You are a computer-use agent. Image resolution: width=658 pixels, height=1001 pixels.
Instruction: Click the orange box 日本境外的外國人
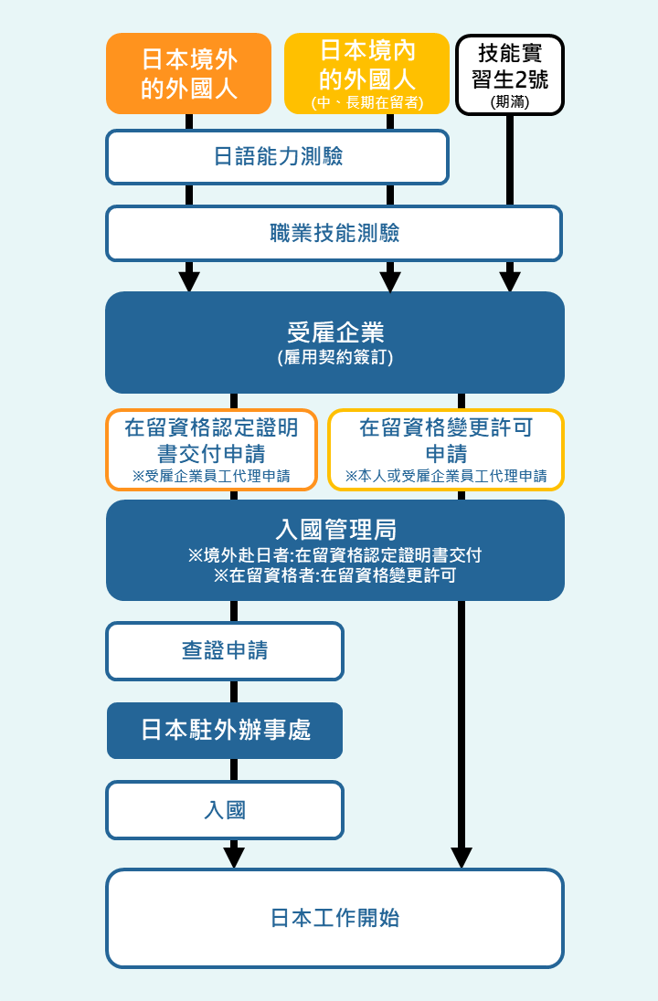click(x=189, y=74)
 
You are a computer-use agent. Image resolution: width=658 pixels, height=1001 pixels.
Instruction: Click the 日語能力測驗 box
click(x=277, y=157)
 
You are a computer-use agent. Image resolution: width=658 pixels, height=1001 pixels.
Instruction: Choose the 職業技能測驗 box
click(x=334, y=233)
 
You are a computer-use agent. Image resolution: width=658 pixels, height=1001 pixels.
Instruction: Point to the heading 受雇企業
click(x=334, y=332)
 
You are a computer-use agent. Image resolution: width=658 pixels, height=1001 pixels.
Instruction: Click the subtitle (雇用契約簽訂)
click(x=334, y=358)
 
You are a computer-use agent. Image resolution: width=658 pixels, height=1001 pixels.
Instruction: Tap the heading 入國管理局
click(x=334, y=530)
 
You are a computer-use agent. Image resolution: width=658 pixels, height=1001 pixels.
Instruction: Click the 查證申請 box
click(x=225, y=651)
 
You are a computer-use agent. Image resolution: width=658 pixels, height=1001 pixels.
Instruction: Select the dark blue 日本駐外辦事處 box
click(x=225, y=730)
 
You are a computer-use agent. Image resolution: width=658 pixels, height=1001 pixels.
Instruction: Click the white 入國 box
click(x=225, y=810)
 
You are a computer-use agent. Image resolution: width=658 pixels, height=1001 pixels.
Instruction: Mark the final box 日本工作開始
click(x=334, y=918)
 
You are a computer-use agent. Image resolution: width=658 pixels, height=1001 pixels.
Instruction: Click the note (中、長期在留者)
click(x=366, y=102)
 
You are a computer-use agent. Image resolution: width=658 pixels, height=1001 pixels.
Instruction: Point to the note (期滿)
click(x=509, y=102)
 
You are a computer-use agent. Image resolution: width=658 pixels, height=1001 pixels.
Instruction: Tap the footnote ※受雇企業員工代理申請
click(x=211, y=476)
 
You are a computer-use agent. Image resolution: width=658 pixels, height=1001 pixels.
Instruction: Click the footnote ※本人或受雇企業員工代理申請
click(x=445, y=476)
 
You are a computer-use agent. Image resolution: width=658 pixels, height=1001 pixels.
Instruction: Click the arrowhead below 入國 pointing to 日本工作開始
click(x=234, y=857)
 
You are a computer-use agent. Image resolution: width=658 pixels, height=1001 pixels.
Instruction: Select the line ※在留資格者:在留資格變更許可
click(x=334, y=576)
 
